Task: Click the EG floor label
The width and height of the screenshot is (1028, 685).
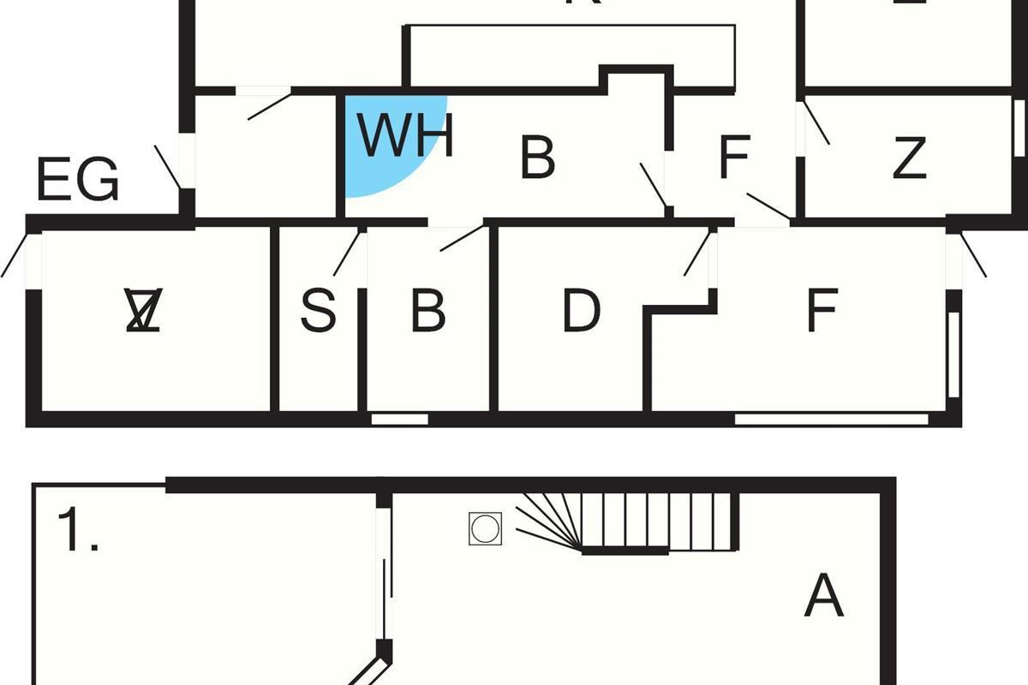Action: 77,181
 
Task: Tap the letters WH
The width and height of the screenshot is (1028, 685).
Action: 404,137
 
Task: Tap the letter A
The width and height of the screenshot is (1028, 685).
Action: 824,596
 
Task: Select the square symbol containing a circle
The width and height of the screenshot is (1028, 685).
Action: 483,528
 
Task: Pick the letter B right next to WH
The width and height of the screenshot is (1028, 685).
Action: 537,158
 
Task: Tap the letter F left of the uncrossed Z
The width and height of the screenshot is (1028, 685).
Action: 734,158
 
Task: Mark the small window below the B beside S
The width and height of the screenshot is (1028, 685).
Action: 399,420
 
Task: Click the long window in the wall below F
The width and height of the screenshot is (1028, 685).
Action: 831,420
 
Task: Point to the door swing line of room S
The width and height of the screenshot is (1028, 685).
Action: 347,252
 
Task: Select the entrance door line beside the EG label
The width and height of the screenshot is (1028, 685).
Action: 167,167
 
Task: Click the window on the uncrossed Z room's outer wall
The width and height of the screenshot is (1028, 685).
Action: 1019,128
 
